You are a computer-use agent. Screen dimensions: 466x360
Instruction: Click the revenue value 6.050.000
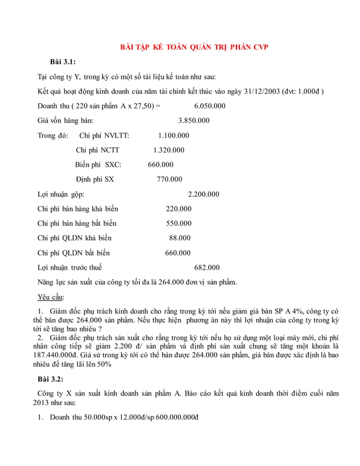click(210, 105)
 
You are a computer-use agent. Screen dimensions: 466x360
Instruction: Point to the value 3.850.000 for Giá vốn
click(194, 120)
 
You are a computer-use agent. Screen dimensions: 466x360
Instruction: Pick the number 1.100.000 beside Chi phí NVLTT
click(174, 135)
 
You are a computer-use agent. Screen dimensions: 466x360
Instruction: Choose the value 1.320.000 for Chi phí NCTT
click(169, 150)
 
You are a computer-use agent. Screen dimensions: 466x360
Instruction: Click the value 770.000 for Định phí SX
click(169, 179)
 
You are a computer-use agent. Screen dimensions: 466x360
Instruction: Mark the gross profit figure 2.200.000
click(203, 194)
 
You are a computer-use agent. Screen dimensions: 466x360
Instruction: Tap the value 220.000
click(178, 209)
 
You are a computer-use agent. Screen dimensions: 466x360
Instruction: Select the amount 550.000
click(179, 223)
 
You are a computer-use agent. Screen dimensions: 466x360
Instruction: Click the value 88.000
click(179, 238)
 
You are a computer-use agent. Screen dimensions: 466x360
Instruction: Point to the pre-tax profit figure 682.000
click(207, 267)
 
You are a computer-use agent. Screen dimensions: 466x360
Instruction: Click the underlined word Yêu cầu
click(51, 297)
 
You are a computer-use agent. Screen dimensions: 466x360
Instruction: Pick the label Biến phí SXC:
click(98, 165)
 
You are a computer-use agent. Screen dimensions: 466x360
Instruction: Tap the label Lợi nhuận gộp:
click(60, 194)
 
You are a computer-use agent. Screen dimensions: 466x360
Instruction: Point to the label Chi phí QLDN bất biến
click(73, 253)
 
